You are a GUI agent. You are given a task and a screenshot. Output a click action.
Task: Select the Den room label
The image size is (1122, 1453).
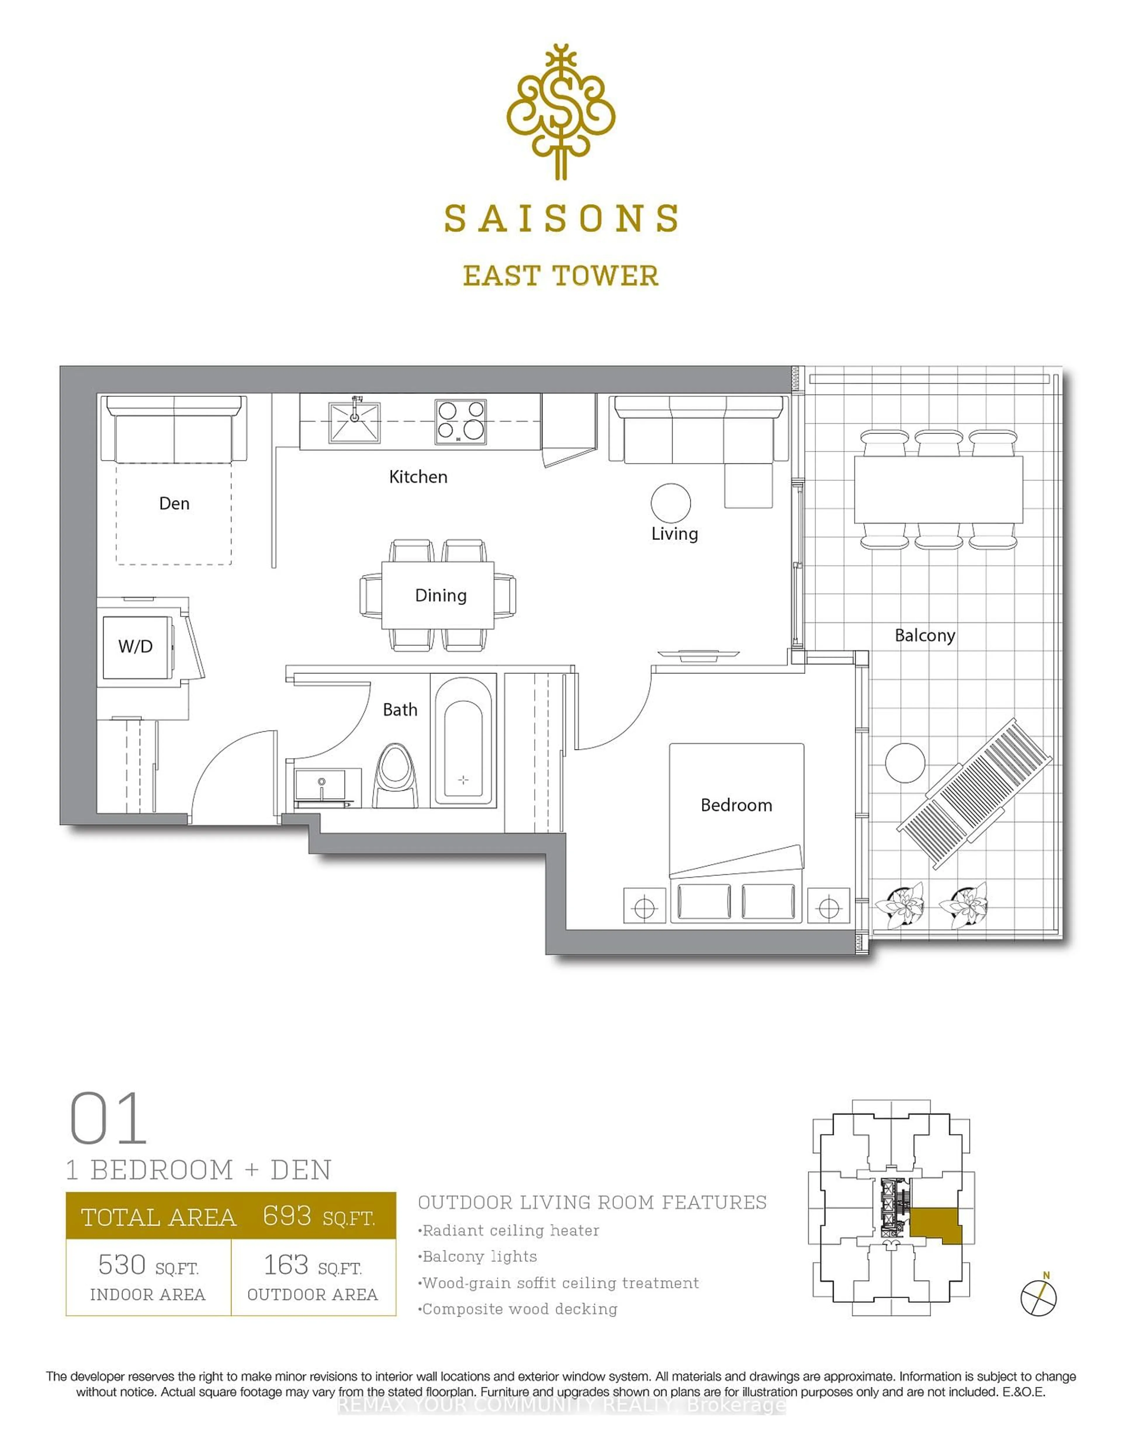click(x=174, y=504)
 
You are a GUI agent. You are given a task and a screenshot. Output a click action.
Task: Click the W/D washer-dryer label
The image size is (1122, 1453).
click(x=136, y=646)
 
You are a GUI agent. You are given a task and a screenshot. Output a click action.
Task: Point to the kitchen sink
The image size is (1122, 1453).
click(x=354, y=422)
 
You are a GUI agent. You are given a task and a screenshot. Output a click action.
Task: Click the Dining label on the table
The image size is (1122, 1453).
click(x=440, y=596)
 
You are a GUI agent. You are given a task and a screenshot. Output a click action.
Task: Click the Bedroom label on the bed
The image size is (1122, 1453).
click(x=736, y=805)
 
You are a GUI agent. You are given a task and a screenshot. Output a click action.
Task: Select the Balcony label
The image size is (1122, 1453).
click(x=924, y=635)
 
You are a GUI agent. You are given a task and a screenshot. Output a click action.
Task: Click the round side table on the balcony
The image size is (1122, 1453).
click(x=905, y=762)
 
